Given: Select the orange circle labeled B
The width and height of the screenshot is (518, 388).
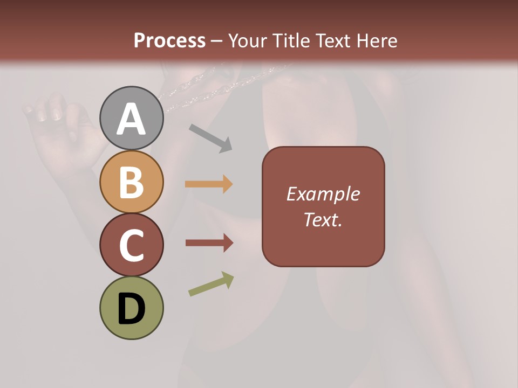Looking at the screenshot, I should pyautogui.click(x=131, y=182).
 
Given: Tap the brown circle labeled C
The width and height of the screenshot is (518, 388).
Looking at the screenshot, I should pyautogui.click(x=131, y=245).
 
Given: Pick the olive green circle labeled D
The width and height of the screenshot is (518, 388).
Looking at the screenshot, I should pyautogui.click(x=131, y=308).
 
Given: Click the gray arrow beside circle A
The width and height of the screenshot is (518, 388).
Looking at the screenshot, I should pyautogui.click(x=210, y=137).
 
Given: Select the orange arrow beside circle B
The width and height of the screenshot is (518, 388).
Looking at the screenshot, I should pyautogui.click(x=209, y=184).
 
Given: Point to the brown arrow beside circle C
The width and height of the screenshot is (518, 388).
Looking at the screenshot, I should pyautogui.click(x=209, y=243).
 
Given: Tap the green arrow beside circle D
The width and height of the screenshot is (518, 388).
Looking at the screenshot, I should pyautogui.click(x=211, y=284).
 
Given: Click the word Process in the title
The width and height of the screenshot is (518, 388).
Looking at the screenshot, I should pyautogui.click(x=169, y=41).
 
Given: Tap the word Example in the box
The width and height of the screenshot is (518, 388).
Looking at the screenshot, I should pyautogui.click(x=323, y=194).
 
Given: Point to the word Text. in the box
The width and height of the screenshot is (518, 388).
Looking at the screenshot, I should pyautogui.click(x=323, y=219).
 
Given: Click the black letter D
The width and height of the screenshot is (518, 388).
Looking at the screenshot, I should pyautogui.click(x=131, y=309).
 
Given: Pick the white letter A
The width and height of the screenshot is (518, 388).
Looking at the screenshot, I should pyautogui.click(x=131, y=120).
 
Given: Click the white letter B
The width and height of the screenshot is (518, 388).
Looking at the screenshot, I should pyautogui.click(x=131, y=182).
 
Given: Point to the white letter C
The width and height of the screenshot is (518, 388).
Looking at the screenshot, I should pyautogui.click(x=131, y=246).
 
